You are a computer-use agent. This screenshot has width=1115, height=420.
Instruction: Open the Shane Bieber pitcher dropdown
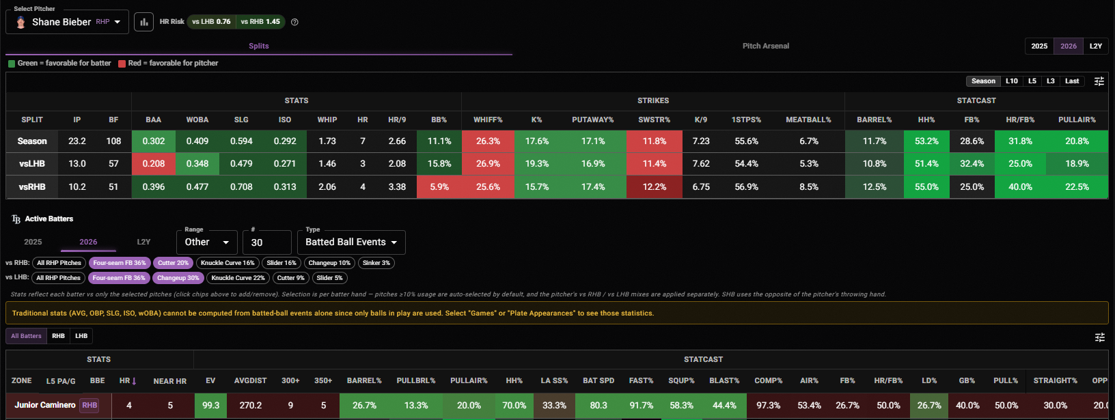(67, 22)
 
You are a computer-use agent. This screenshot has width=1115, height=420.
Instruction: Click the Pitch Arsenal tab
(766, 46)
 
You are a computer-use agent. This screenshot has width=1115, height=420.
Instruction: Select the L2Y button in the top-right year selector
(1096, 46)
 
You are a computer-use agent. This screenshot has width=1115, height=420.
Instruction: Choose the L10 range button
(1011, 81)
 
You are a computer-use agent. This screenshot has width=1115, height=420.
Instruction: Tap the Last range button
(1072, 81)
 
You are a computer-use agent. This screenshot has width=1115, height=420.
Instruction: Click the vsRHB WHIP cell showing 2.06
(327, 187)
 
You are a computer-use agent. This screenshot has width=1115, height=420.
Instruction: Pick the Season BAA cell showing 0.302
(153, 141)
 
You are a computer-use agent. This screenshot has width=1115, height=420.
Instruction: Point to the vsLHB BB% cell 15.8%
(439, 164)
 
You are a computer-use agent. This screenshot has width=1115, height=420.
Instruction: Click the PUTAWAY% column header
(592, 120)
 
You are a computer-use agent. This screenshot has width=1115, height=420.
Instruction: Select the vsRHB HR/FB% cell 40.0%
(1020, 187)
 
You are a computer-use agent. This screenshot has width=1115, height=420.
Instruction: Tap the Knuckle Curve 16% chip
(228, 263)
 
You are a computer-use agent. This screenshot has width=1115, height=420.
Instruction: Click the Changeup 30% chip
(178, 278)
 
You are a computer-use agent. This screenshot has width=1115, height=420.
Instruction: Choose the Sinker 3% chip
(376, 263)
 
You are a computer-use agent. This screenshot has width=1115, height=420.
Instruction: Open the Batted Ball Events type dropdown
(351, 242)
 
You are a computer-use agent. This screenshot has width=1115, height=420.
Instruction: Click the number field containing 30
(267, 242)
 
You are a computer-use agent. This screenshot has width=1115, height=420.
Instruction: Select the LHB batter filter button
(81, 336)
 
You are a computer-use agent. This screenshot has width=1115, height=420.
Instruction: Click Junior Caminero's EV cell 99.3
(210, 406)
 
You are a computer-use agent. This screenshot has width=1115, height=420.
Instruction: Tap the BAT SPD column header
(598, 380)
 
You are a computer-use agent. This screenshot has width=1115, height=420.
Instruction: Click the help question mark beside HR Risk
(294, 22)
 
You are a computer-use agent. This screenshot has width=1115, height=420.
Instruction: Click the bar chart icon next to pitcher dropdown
(144, 22)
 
